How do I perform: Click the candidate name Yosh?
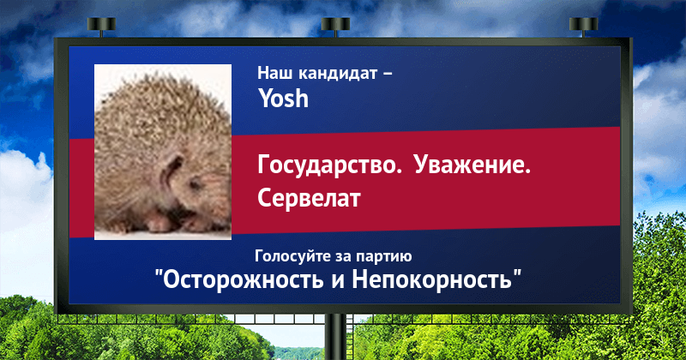[284, 98]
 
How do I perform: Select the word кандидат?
[338, 73]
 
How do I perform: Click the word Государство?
[329, 165]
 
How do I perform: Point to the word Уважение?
[472, 165]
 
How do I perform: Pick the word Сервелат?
[309, 198]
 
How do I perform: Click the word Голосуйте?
[293, 256]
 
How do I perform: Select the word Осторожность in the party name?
[244, 279]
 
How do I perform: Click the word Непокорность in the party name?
[432, 279]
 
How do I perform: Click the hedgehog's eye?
[196, 183]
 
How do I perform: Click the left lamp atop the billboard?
[101, 25]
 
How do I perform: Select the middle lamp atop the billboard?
[335, 25]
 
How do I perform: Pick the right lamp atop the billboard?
[583, 25]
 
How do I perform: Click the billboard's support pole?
[335, 337]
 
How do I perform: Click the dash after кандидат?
[388, 75]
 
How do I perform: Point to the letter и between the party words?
[338, 281]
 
